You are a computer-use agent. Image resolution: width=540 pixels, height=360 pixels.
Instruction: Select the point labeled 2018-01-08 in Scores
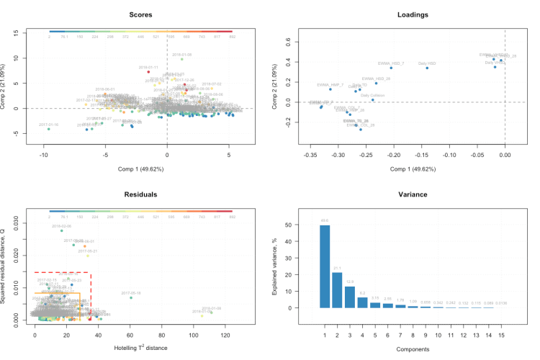[182, 59]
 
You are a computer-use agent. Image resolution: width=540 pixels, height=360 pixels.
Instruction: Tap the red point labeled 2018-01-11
[148, 72]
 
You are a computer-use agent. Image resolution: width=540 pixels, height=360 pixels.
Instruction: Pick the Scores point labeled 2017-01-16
[49, 129]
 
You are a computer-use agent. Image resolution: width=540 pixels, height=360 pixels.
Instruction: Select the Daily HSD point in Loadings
[427, 68]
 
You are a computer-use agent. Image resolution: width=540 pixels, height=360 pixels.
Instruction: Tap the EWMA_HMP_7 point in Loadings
[330, 89]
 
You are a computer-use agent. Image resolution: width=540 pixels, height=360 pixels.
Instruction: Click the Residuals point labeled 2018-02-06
[62, 230]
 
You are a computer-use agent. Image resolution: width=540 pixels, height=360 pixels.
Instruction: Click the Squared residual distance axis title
[9, 269]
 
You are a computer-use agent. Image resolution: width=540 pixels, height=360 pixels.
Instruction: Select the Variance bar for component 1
[325, 266]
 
